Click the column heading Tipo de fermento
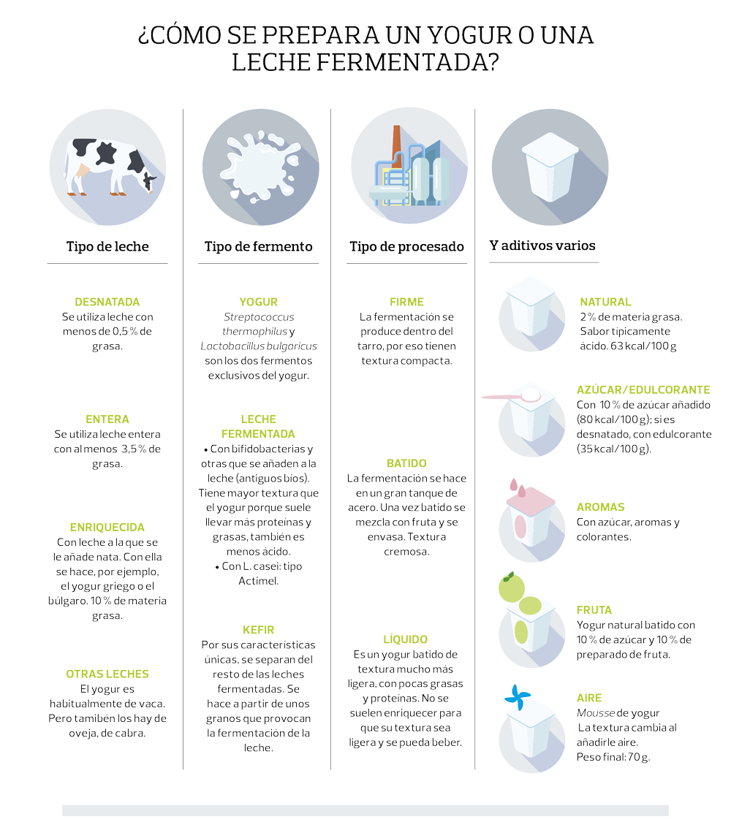258,246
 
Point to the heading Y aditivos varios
542,246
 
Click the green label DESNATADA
107,302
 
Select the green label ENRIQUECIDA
107,527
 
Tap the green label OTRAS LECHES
107,674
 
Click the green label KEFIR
258,629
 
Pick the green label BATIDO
406,463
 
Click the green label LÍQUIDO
406,639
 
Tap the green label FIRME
406,302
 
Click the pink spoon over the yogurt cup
512,397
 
